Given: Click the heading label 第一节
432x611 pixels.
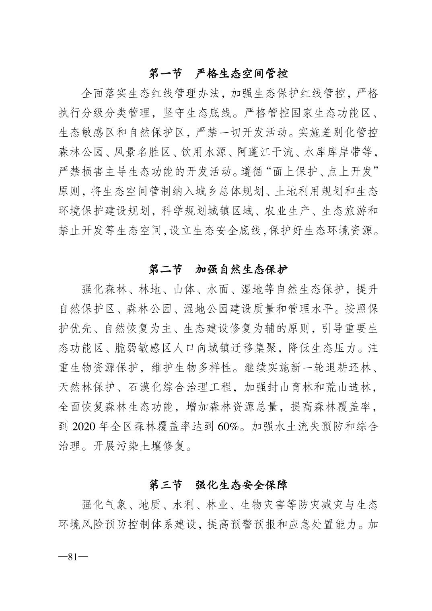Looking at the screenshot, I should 165,74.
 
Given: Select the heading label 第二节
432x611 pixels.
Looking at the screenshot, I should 165,269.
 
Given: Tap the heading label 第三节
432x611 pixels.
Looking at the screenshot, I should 165,484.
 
